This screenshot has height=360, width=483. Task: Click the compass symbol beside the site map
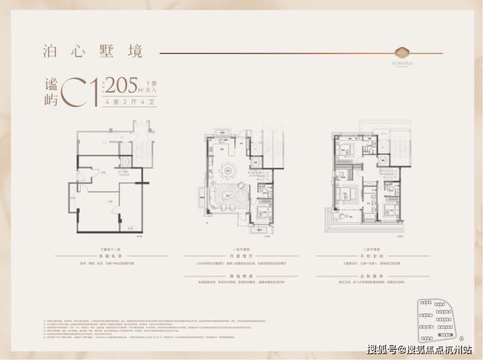pyautogui.click(x=461, y=337)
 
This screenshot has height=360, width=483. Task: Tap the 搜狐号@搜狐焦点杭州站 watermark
pyautogui.click(x=419, y=350)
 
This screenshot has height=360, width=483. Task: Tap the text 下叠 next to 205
pyautogui.click(x=151, y=83)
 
